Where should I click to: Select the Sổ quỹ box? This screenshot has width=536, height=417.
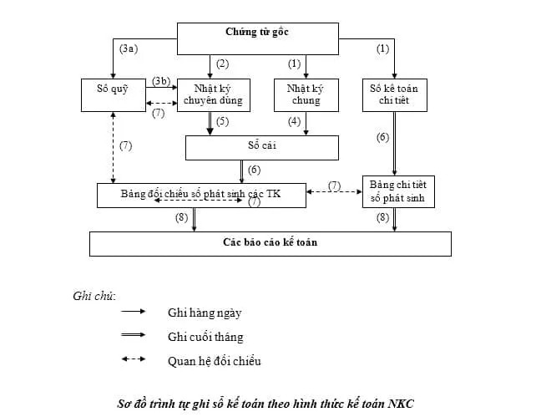(x=114, y=94)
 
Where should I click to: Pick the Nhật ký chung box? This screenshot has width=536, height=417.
(x=305, y=94)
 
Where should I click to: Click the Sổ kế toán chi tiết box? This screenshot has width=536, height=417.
(x=395, y=94)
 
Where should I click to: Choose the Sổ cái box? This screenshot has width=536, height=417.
(x=261, y=147)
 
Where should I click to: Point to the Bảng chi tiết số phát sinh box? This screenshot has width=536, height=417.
(x=397, y=191)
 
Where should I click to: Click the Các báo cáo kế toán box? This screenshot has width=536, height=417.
(x=271, y=243)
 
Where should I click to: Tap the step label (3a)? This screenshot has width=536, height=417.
(x=129, y=49)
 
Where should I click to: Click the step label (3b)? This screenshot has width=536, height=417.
(x=161, y=80)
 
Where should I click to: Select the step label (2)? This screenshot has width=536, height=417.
(x=222, y=64)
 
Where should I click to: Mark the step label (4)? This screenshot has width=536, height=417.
(x=294, y=122)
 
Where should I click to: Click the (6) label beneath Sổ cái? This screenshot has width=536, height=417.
(x=254, y=170)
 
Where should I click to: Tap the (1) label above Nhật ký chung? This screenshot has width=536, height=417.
(x=294, y=64)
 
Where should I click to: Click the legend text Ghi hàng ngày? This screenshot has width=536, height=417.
(x=205, y=313)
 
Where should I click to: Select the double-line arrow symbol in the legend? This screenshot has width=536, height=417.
(x=134, y=337)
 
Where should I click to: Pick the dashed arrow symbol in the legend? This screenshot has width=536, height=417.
(x=134, y=361)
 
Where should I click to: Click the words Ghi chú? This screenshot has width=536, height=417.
(x=94, y=296)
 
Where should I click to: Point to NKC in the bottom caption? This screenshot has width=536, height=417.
(x=399, y=404)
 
